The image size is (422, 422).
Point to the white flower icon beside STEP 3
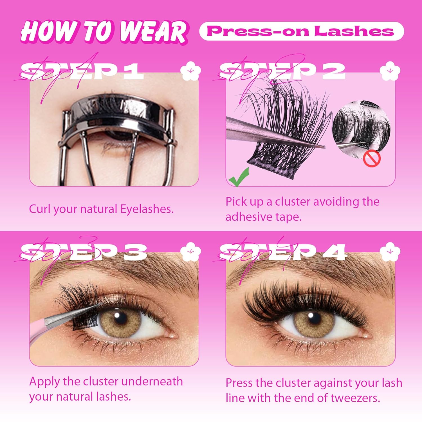191,251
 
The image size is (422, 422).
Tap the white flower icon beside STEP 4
390,251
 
